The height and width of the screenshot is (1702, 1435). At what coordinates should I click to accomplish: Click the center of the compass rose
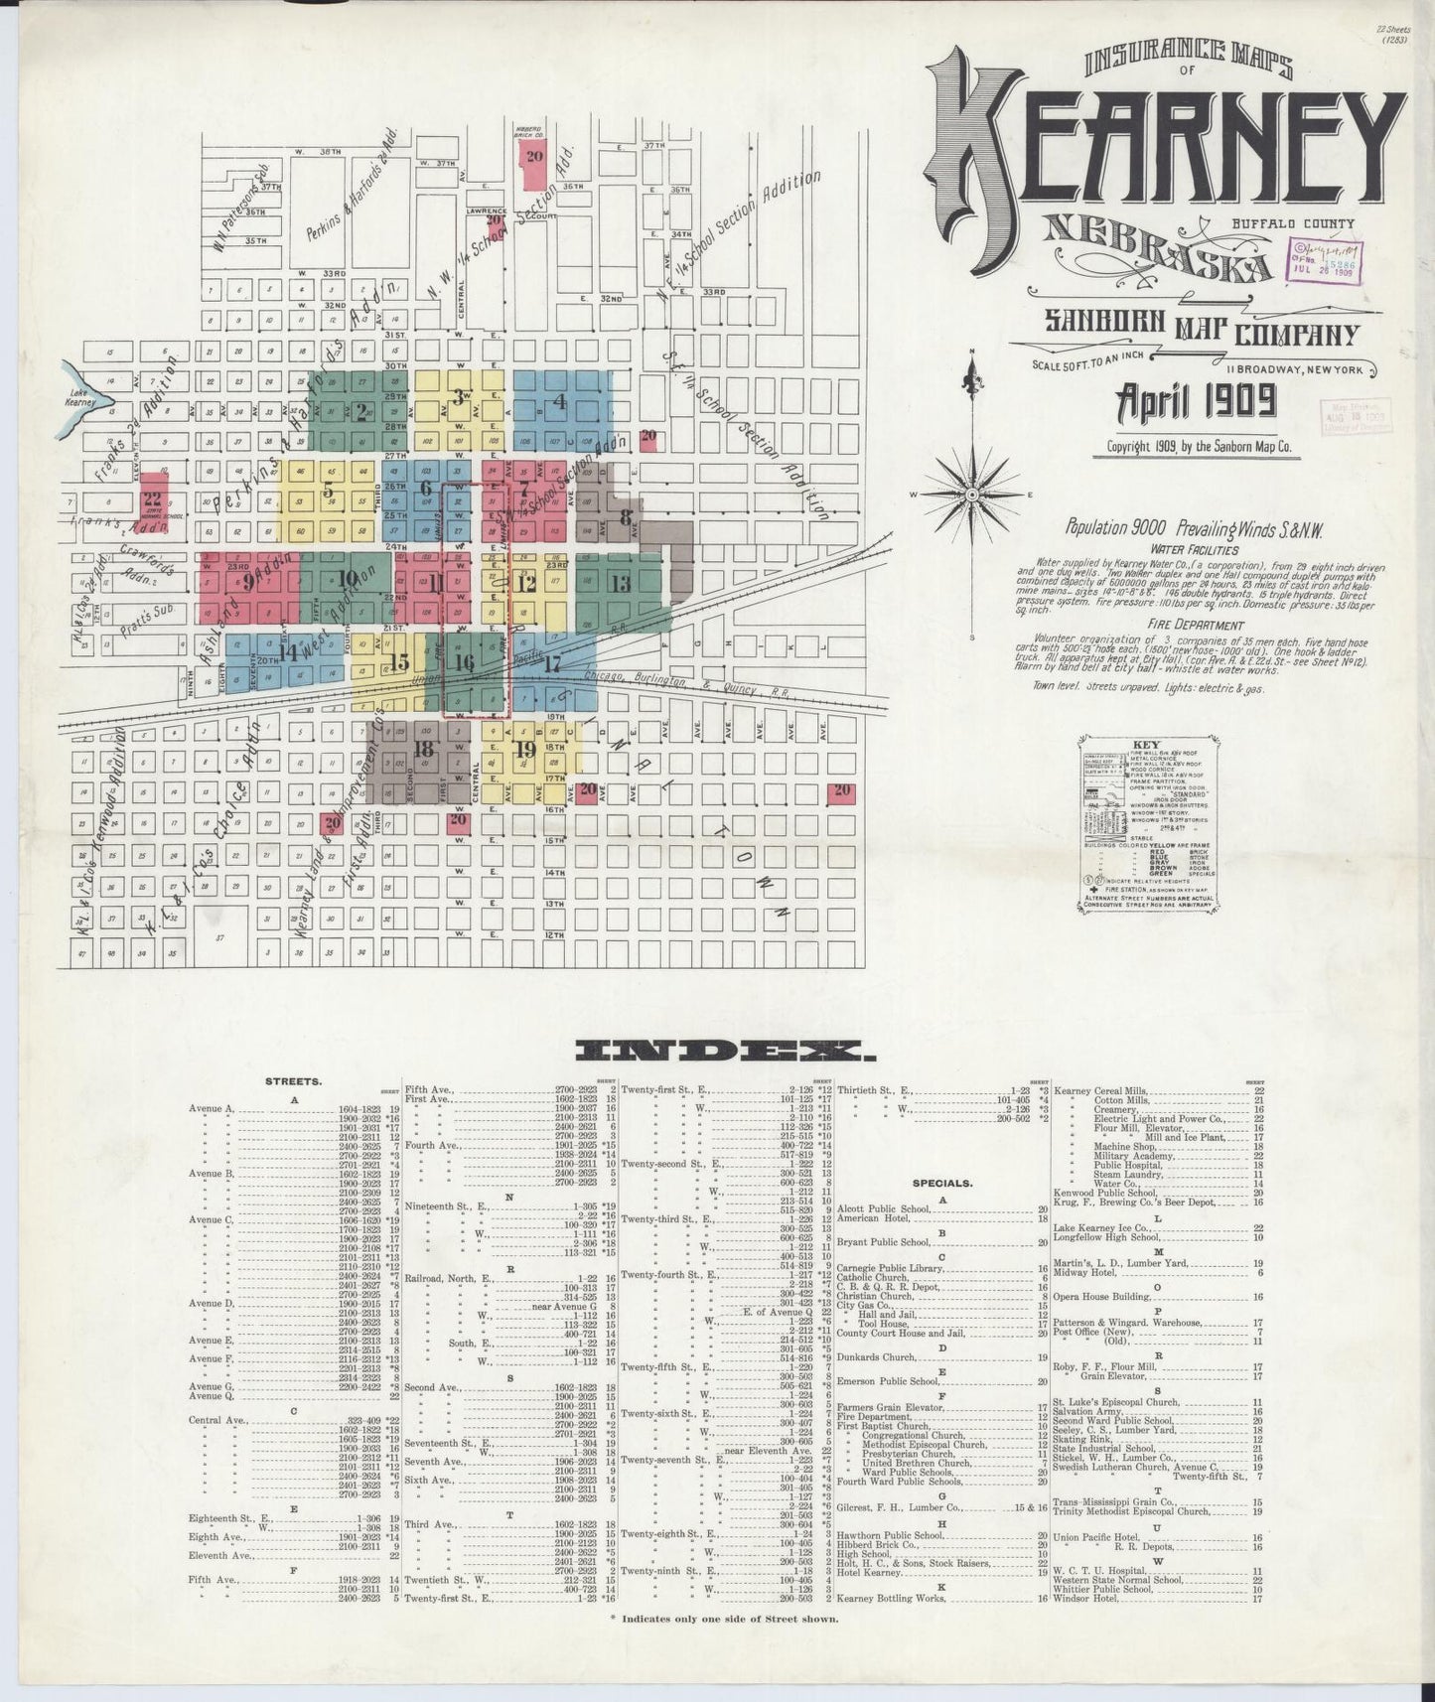point(973,494)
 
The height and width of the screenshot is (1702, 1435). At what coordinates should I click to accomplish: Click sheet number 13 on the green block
point(621,584)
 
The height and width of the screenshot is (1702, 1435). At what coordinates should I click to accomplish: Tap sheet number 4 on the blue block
point(560,402)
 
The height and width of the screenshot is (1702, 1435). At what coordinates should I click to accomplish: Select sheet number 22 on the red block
point(152,498)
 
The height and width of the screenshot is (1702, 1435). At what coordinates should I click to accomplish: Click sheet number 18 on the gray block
point(425,750)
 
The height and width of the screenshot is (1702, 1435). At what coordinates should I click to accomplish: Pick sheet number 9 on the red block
point(247,584)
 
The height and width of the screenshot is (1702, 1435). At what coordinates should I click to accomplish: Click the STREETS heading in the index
point(294,1081)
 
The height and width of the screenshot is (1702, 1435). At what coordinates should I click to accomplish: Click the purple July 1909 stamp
point(1326,260)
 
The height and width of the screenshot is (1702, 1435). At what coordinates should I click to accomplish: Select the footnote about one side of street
point(724,1619)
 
